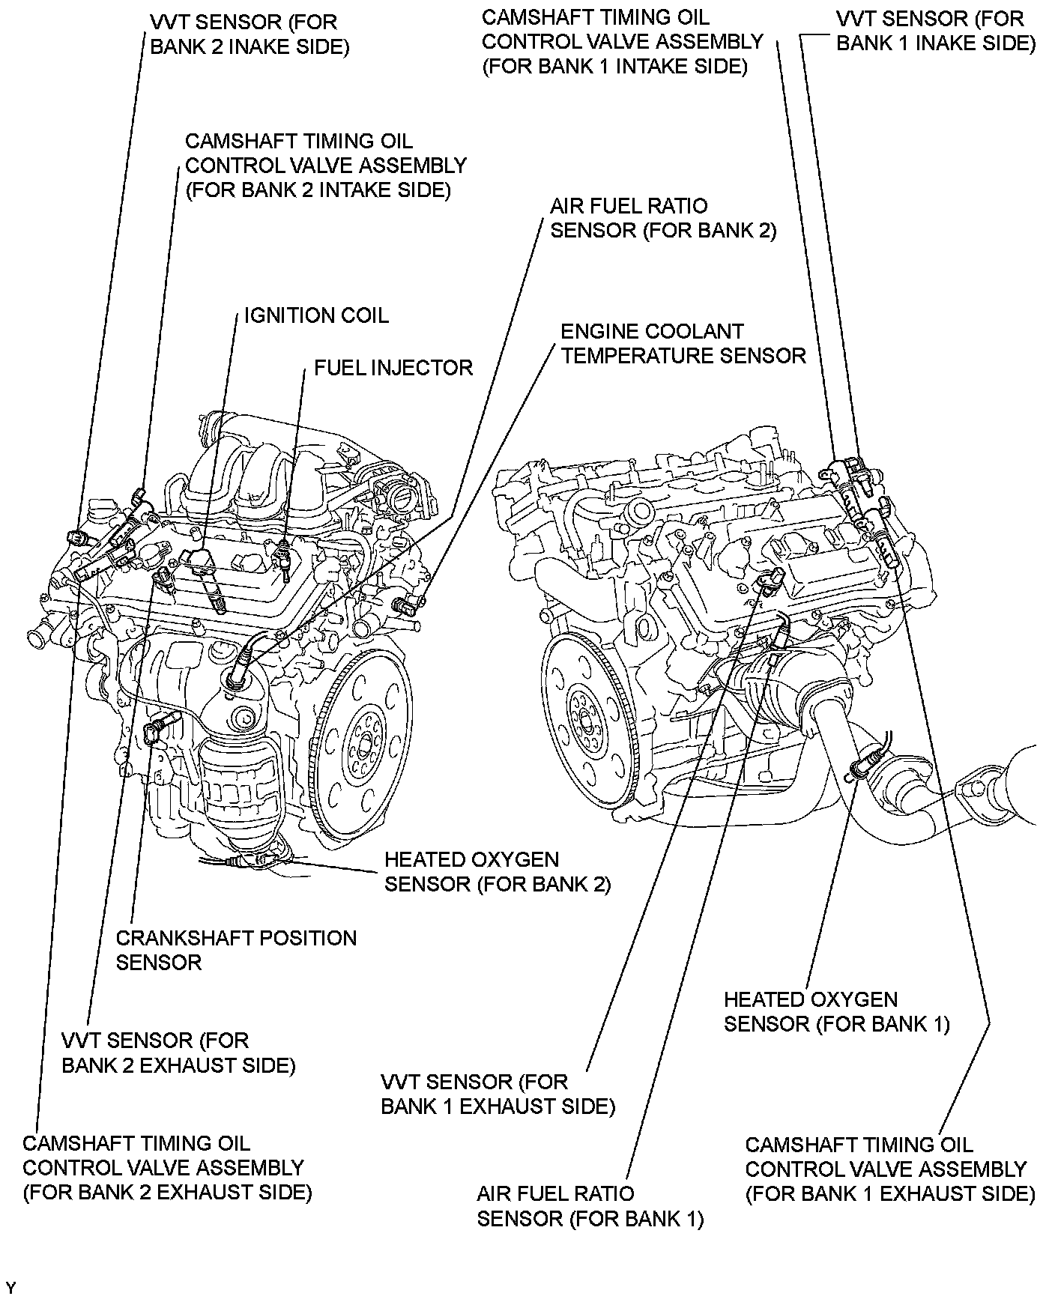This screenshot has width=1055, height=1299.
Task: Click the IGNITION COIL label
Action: point(316,315)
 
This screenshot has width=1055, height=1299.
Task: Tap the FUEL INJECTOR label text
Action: point(393,368)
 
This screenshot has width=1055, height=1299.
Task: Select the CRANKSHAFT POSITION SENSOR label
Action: point(236,950)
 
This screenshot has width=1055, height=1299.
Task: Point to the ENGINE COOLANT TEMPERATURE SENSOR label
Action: point(683,343)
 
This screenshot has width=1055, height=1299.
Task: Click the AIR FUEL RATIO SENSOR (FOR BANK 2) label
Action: point(662,218)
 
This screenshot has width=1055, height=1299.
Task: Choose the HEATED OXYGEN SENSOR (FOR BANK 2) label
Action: point(497,872)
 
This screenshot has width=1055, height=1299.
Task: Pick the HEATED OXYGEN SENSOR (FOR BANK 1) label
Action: point(836,1011)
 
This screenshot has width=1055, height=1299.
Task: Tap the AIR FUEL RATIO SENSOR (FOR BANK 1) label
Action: point(590,1205)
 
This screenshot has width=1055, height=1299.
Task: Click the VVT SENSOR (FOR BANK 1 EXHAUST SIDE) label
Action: point(498,1094)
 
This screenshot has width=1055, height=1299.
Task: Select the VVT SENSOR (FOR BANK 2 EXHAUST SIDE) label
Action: point(178,1053)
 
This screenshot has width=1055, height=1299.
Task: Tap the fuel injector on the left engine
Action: point(283,555)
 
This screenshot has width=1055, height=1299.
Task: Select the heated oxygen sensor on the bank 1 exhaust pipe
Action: point(863,763)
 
